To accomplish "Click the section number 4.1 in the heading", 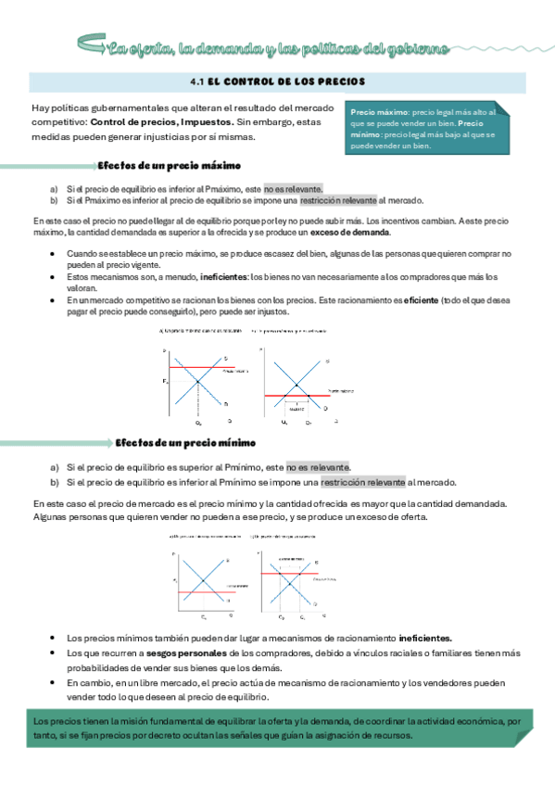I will tap(196, 82).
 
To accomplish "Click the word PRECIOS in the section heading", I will tap(341, 82).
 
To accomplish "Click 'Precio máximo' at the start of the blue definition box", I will tap(378, 112).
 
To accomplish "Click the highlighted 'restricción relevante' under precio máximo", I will tap(338, 199).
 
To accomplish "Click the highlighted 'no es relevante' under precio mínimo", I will tap(318, 467).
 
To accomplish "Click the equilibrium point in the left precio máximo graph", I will tap(197, 381).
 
